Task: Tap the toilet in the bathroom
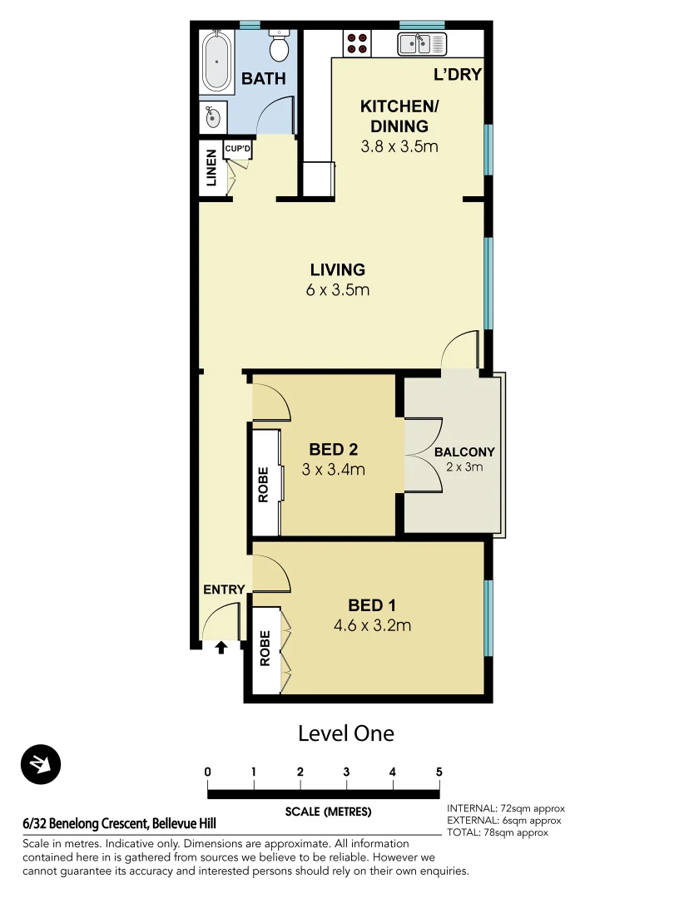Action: coord(280,47)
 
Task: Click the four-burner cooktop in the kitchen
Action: coord(358,43)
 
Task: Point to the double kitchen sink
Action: coord(422,43)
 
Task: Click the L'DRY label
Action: coord(458,75)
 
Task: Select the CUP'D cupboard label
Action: coord(238,149)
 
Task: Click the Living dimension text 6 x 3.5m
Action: coord(337,291)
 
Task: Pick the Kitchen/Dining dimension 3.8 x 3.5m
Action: coord(399,147)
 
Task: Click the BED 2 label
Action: coord(333,450)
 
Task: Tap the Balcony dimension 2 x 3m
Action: coord(463,467)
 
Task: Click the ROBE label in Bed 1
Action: coord(264,650)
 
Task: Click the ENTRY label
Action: coord(224,590)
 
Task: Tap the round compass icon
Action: coord(42,764)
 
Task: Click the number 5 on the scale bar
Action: coord(439,772)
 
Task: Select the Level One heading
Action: coord(345,733)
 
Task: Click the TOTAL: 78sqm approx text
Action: coord(498,832)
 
